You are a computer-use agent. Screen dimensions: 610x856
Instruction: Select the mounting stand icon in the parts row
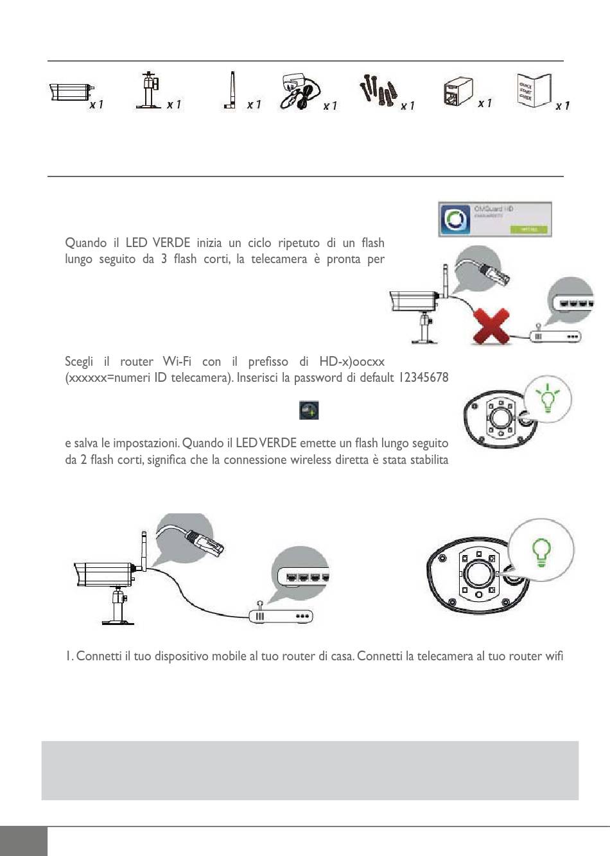(150, 90)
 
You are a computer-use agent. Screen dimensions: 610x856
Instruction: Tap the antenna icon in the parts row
(231, 91)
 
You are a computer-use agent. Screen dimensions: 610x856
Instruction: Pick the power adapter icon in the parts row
(298, 93)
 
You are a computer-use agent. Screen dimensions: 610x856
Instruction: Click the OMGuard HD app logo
(455, 219)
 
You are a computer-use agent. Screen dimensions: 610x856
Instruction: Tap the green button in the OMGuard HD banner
(528, 229)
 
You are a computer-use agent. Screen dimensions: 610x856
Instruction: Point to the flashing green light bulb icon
(547, 398)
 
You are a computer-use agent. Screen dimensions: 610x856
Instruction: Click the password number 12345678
(423, 377)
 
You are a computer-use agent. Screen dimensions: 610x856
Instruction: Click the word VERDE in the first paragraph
(171, 243)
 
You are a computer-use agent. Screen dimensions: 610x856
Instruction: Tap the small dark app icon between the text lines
(309, 411)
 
